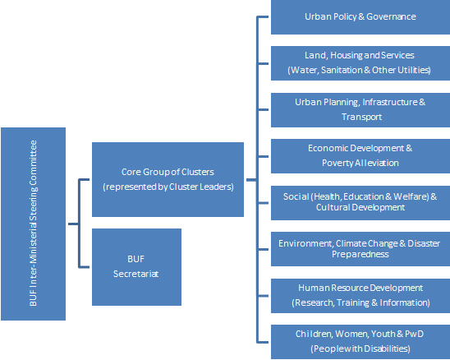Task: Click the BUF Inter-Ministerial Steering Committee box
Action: [34, 224]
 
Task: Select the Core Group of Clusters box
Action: [168, 179]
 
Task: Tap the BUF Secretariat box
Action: [136, 267]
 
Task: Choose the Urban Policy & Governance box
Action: [360, 17]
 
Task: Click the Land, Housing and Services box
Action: [360, 63]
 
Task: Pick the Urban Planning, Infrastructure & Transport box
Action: [360, 110]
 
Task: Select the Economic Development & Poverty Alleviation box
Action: [360, 156]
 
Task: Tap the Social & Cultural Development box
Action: [360, 203]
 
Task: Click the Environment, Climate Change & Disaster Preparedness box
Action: [360, 249]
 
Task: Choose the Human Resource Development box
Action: [360, 296]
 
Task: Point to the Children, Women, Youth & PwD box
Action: [360, 342]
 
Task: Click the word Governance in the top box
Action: [391, 16]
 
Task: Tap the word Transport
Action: [361, 117]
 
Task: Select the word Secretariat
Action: [135, 274]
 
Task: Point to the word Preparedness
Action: [360, 254]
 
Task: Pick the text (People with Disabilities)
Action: [360, 348]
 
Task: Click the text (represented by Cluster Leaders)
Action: [168, 187]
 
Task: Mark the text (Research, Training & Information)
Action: [360, 302]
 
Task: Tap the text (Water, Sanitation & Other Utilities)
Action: [359, 70]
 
